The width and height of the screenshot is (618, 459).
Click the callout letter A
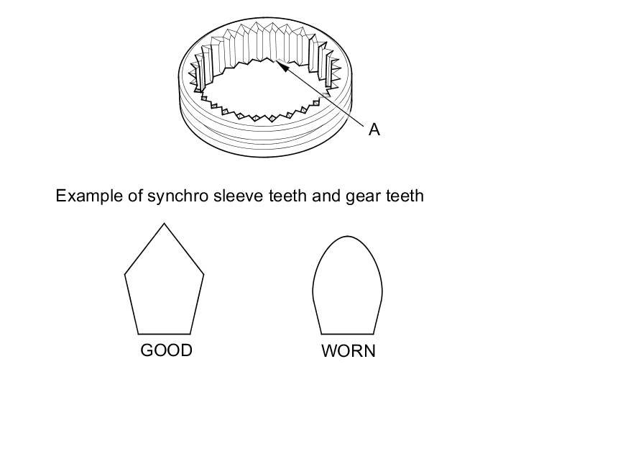[x=374, y=129]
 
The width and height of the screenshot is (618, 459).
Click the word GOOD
[x=166, y=350]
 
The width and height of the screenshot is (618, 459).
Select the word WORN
[x=349, y=352]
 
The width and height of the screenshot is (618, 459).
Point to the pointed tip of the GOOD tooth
[x=165, y=224]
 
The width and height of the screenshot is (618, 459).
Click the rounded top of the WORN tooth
[x=348, y=237]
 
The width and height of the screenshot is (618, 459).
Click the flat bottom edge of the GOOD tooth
[x=165, y=334]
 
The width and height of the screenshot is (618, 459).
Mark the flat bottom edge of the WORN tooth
[x=348, y=334]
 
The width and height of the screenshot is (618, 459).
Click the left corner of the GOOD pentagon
[x=126, y=273]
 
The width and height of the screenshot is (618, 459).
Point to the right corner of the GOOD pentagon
[x=203, y=273]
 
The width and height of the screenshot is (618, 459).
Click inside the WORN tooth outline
[x=348, y=288]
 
